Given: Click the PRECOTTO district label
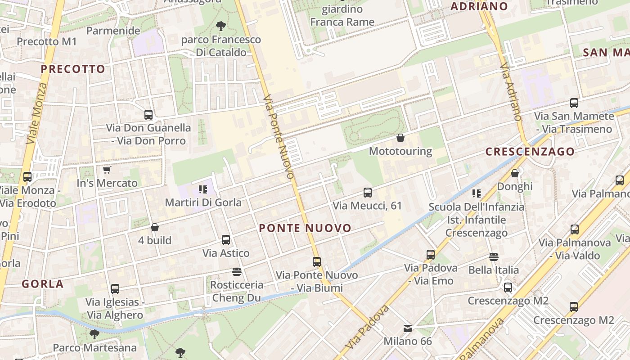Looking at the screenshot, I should coord(73,69).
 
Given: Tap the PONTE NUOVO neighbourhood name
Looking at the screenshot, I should coord(305,228).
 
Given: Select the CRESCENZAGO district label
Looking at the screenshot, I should coord(530,152).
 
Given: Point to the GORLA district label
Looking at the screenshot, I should coord(43,284).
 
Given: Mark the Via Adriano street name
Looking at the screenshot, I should coord(511,92).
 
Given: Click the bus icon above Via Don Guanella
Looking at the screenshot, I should coord(148,115).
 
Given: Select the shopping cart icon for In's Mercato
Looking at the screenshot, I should coord(107,170).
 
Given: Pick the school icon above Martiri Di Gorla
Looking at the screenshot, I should coord(203,189).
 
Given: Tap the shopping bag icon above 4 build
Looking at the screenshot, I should coord(155,227).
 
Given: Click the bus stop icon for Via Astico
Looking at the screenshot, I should coord(226,240).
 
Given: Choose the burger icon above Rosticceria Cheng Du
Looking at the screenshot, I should coord(237,271).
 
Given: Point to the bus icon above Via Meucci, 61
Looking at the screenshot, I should coord(368,193).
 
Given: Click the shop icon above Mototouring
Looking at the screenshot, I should coord(400,138).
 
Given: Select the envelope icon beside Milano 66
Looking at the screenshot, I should coord(408,328).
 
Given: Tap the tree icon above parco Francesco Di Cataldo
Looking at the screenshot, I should coord(220,26).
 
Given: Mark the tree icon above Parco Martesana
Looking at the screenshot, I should coord(94,334).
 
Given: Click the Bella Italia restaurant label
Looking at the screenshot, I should coord(494,270).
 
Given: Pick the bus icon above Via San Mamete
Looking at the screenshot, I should coord(574,103).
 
